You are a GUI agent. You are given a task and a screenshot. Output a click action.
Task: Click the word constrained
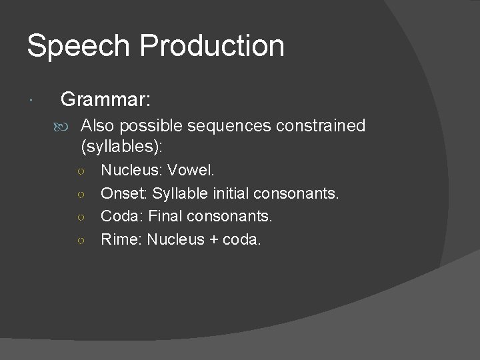[x=327, y=126]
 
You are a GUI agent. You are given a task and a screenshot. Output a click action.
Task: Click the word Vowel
[x=191, y=171]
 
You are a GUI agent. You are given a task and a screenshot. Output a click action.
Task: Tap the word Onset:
[x=123, y=193]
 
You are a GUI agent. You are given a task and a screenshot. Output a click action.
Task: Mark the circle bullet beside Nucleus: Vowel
[x=79, y=171]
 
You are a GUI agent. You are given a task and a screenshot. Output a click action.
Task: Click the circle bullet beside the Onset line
[x=79, y=194]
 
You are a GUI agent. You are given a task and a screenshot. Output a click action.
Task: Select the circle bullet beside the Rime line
[x=79, y=239]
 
